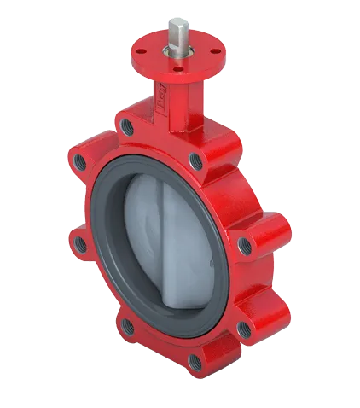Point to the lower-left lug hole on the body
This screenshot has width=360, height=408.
pyautogui.click(x=125, y=323)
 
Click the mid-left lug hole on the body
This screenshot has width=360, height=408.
pyautogui.click(x=79, y=245)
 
